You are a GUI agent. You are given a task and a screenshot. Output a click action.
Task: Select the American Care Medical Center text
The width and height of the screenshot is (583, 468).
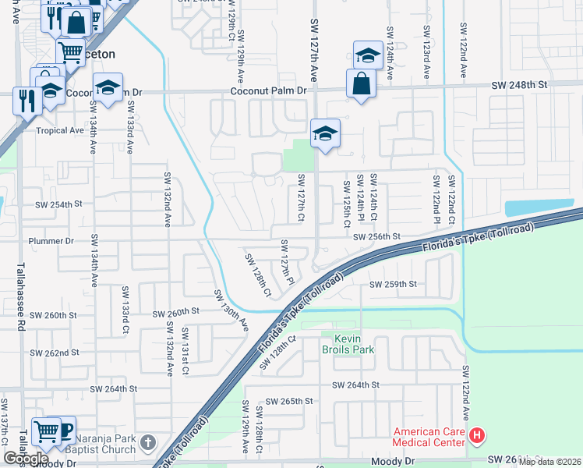point(429,437)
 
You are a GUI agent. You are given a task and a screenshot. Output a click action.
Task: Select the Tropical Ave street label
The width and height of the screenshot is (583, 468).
point(59,131)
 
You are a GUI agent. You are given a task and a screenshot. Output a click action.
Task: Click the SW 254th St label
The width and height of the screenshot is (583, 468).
point(58,204)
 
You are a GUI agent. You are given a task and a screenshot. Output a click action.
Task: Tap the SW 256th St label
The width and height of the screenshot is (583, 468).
point(376,236)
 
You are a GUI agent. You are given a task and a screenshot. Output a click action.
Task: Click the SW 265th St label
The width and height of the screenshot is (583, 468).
point(288,401)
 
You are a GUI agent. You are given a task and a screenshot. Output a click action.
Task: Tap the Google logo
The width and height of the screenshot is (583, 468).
point(26,459)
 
